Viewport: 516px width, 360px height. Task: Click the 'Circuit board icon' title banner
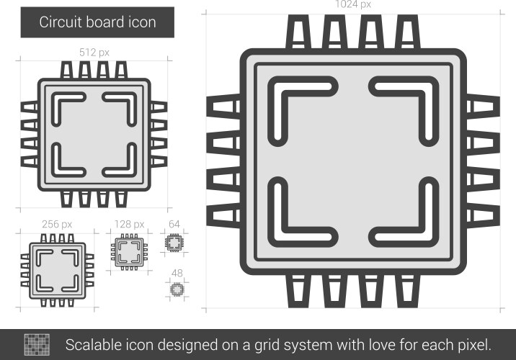click(x=97, y=22)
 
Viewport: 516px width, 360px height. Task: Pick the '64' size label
click(x=174, y=225)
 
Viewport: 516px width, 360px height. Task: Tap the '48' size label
click(x=176, y=273)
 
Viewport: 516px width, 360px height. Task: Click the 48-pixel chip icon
click(x=176, y=289)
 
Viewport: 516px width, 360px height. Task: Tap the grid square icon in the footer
click(x=36, y=343)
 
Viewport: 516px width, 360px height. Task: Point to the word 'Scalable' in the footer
click(x=94, y=343)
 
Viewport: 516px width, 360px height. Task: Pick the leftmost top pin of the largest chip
click(x=301, y=32)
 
